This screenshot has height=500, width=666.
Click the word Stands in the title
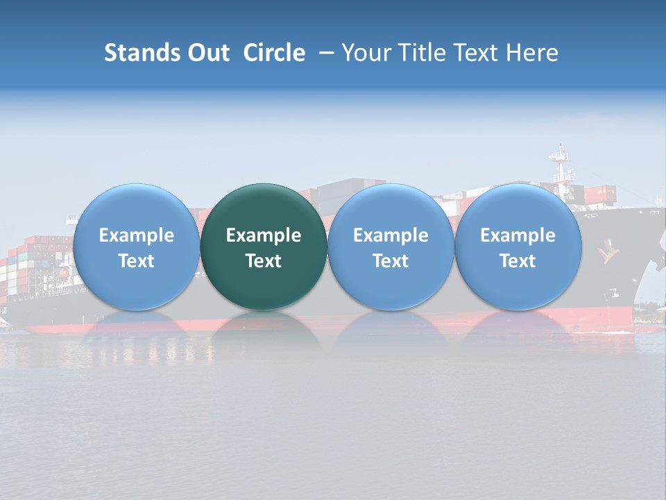pos(142,53)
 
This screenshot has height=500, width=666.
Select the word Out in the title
pos(207,53)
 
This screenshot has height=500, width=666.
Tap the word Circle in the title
pos(274,53)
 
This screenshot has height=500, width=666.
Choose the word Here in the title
pos(531,53)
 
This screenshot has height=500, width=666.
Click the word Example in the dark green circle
pos(264,235)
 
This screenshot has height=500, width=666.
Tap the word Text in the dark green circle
pos(264,261)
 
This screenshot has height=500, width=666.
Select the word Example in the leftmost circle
pos(137,235)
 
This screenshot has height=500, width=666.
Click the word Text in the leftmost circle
pos(137,261)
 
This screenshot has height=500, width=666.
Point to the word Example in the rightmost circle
pos(518,235)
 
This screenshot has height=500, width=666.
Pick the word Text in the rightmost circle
pos(518,261)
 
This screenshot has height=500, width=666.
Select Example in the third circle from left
pos(391,235)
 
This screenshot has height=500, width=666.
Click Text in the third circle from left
pos(391,261)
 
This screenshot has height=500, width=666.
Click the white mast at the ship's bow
pos(561,167)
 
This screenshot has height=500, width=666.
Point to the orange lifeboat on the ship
pos(62,274)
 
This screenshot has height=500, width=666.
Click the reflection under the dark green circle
pos(264,330)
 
